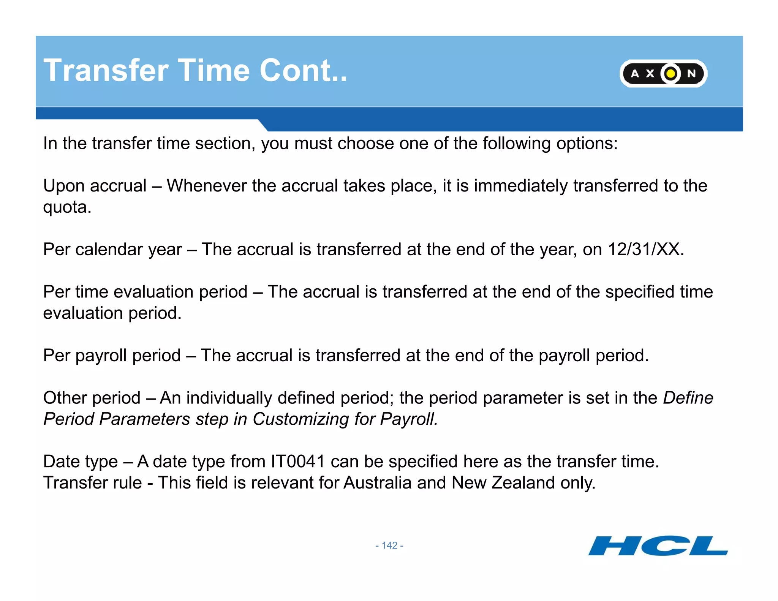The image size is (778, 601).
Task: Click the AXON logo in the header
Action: pyautogui.click(x=663, y=73)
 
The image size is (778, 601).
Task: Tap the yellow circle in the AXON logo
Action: pyautogui.click(x=671, y=73)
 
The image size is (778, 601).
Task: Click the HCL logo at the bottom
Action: pyautogui.click(x=658, y=546)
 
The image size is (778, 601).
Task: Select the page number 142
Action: pyautogui.click(x=389, y=546)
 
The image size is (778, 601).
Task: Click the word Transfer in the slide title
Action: pyautogui.click(x=106, y=71)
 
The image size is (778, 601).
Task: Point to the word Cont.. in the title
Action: pyautogui.click(x=303, y=71)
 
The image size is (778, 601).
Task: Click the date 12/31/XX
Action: pyautogui.click(x=645, y=250)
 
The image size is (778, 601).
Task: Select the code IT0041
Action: pyautogui.click(x=298, y=462)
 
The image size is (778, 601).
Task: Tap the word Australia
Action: pyautogui.click(x=378, y=483)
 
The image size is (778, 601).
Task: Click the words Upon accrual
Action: pyautogui.click(x=95, y=186)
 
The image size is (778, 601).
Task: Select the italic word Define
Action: pyautogui.click(x=688, y=398)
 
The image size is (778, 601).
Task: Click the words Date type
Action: pyautogui.click(x=81, y=462)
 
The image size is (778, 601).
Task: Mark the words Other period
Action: pyautogui.click(x=92, y=398)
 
